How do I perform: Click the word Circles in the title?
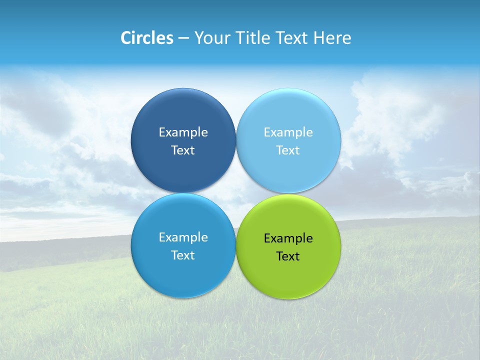(x=147, y=38)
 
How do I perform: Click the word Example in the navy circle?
(x=183, y=132)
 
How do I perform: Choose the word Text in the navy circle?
(x=183, y=150)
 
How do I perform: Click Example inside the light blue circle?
(x=288, y=132)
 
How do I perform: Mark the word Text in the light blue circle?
(x=288, y=150)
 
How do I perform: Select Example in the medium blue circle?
(x=183, y=237)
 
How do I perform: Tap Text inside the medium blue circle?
(x=183, y=255)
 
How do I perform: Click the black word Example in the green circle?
(x=288, y=238)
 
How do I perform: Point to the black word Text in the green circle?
(x=288, y=256)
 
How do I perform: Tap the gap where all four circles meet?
(x=236, y=193)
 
